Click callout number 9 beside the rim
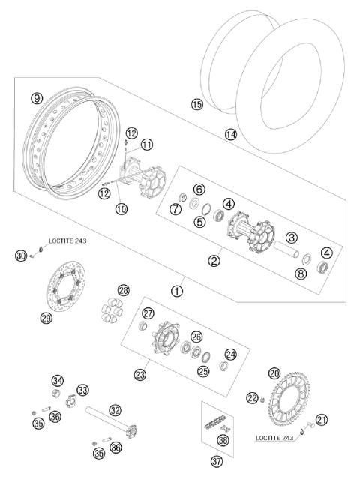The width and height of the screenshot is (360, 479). click(x=36, y=97)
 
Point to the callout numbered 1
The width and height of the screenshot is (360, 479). click(x=176, y=290)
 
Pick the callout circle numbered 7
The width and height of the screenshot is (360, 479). click(x=174, y=209)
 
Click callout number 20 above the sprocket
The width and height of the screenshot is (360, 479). click(x=274, y=373)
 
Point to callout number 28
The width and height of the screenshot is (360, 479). click(x=123, y=289)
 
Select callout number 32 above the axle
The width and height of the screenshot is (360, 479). click(x=114, y=410)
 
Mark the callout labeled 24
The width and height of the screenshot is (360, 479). click(x=230, y=354)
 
